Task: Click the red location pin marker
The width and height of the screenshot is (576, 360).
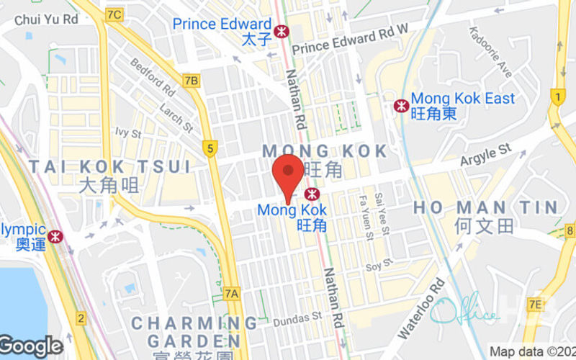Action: tap(289, 173)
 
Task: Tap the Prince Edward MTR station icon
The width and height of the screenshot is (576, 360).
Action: tap(281, 30)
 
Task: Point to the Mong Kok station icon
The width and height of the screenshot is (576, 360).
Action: tap(312, 194)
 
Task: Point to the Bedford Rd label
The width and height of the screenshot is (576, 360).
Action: tap(153, 77)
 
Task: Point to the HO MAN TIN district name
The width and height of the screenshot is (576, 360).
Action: tap(485, 208)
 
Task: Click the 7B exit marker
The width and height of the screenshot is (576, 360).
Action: tap(191, 80)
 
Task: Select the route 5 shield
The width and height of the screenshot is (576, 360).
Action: tap(210, 149)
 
